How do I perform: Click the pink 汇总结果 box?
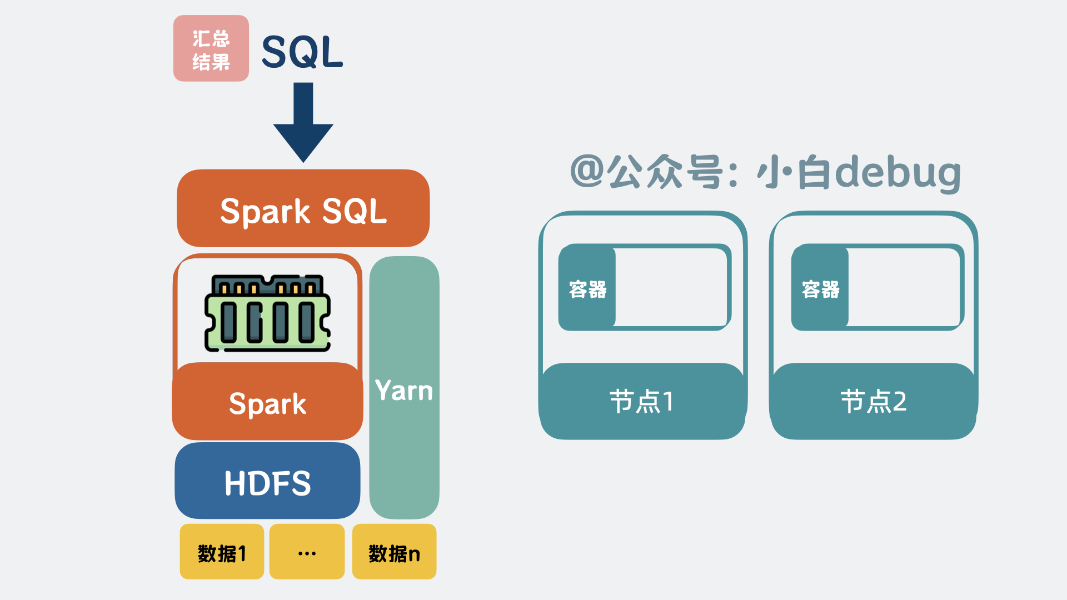click(211, 49)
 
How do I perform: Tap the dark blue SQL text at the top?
click(302, 52)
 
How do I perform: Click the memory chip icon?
click(268, 313)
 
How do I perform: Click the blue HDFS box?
click(267, 482)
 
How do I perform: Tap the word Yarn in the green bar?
click(404, 391)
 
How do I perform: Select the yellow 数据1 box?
click(222, 552)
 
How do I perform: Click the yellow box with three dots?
click(307, 552)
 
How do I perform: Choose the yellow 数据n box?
click(394, 552)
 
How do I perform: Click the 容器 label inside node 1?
click(587, 288)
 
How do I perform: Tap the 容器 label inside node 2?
click(820, 288)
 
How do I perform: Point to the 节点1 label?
click(642, 401)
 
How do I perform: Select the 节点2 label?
click(873, 401)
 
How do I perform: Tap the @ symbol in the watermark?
click(587, 171)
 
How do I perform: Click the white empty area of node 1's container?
click(671, 287)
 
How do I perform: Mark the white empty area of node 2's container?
click(904, 287)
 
